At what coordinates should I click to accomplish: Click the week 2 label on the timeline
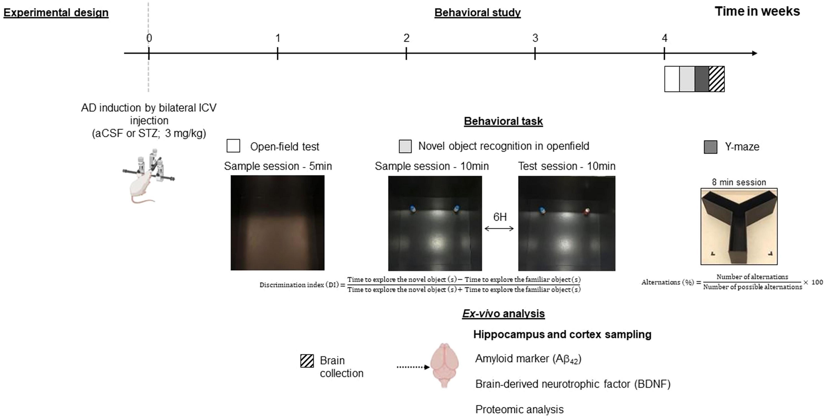point(407,38)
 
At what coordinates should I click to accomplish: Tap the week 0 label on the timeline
point(149,38)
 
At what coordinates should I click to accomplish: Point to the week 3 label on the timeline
point(535,38)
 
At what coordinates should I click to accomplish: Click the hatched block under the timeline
point(717,79)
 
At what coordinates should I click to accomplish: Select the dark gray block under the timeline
point(702,79)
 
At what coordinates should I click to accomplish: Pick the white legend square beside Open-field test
point(233,146)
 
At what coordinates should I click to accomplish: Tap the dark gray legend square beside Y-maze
point(710,147)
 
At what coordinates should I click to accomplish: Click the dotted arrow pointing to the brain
point(413,367)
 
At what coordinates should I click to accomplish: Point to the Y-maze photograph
point(739,226)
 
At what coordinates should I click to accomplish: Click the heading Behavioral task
point(503,121)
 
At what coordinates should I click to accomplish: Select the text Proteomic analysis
point(520,409)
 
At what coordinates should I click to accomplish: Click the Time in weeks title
point(757,12)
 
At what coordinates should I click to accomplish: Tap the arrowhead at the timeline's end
point(755,53)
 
